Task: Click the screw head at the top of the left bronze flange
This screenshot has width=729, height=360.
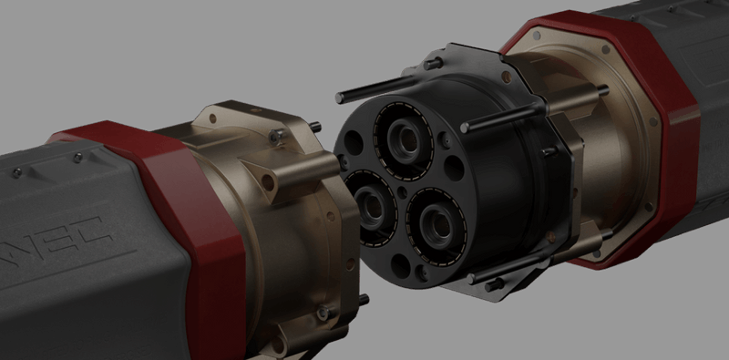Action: [272, 136]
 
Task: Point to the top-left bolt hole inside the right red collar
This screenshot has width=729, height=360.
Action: [538, 36]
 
